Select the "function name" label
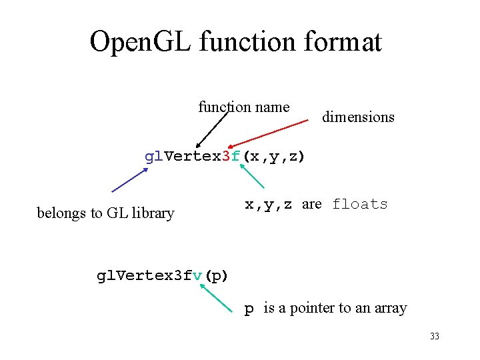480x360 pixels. pyautogui.click(x=243, y=107)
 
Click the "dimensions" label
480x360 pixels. pyautogui.click(x=358, y=117)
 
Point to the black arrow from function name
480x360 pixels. pyautogui.click(x=213, y=127)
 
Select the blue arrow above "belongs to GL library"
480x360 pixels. pyautogui.click(x=129, y=179)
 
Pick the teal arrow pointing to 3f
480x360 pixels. pyautogui.click(x=251, y=176)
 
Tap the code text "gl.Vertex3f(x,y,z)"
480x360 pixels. pyautogui.click(x=225, y=157)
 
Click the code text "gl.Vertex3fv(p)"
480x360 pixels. pyautogui.click(x=162, y=275)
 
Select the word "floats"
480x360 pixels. pyautogui.click(x=360, y=204)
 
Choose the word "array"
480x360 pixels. pyautogui.click(x=390, y=309)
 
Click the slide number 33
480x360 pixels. pyautogui.click(x=435, y=336)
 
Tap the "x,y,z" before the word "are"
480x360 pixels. pyautogui.click(x=269, y=205)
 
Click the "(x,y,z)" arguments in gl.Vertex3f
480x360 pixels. pyautogui.click(x=273, y=157)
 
